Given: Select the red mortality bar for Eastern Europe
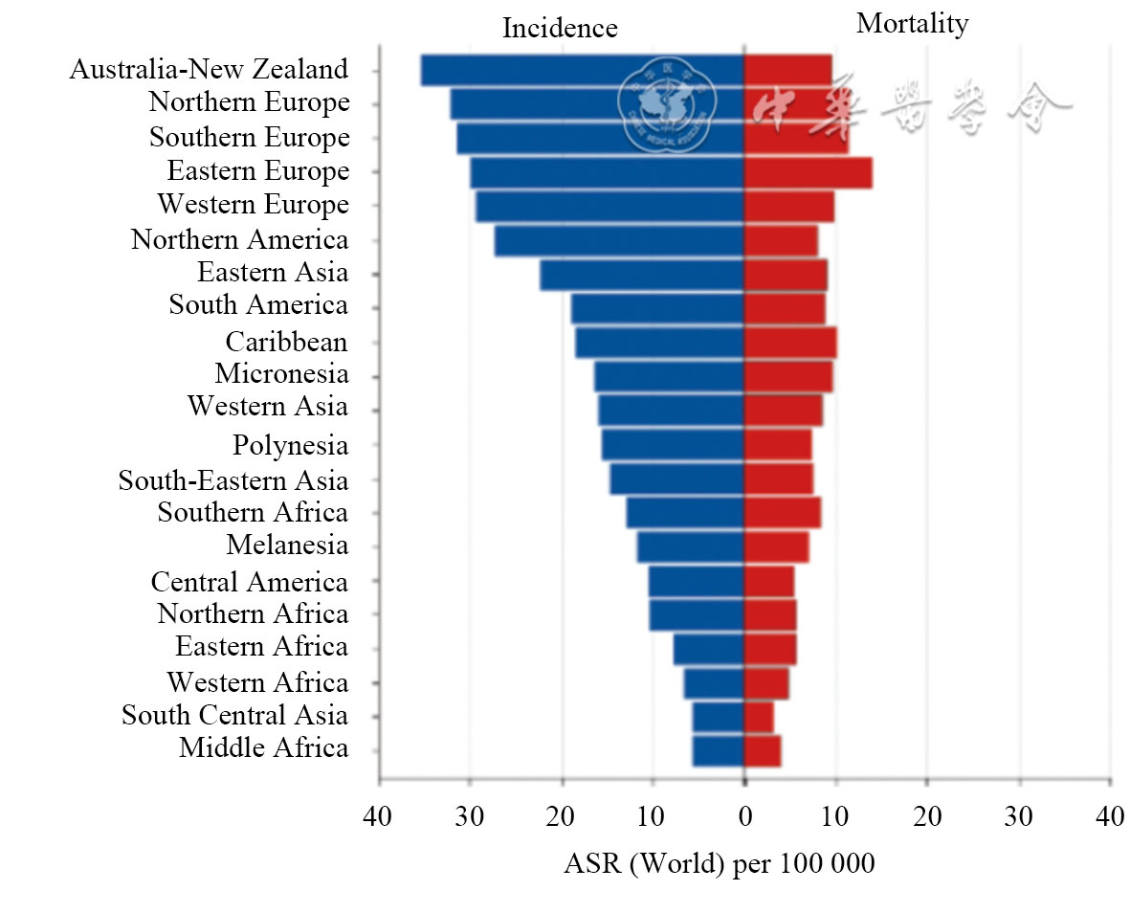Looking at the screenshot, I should [x=808, y=172].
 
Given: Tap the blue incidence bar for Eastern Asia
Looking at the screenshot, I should [x=641, y=275].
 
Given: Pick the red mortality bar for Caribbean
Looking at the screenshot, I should [x=790, y=343].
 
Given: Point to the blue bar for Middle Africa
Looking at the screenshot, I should [x=718, y=750].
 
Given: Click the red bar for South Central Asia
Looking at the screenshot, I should [x=759, y=716].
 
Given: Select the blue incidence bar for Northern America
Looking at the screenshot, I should [x=619, y=240].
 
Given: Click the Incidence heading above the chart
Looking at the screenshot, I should [x=560, y=28].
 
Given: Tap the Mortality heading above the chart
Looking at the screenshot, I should [x=912, y=23].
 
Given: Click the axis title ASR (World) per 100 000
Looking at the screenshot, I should [x=719, y=863].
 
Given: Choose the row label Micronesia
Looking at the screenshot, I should [x=281, y=373].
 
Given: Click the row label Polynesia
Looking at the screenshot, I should [x=290, y=445].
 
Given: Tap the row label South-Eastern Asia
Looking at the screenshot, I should [x=233, y=479].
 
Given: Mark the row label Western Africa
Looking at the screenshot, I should [x=257, y=682].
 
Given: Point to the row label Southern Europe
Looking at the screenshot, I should [x=249, y=137].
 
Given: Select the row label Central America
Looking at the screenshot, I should [x=249, y=581].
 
